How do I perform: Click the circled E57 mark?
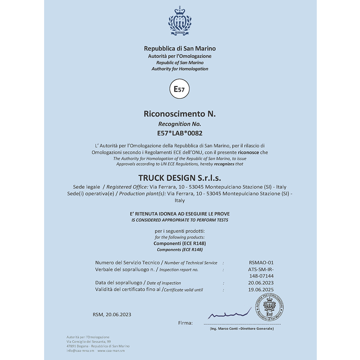click(179, 89)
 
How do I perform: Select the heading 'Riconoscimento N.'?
click(180, 114)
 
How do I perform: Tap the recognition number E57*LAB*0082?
click(180, 133)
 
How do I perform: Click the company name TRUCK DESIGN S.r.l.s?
click(180, 178)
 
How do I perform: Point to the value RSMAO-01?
click(261, 262)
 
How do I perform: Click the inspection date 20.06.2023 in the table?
click(261, 283)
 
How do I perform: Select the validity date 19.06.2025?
click(261, 289)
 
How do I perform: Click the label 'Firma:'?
click(185, 323)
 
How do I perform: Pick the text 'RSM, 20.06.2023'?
click(112, 315)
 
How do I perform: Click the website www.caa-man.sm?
click(111, 350)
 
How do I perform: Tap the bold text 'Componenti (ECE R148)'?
click(180, 243)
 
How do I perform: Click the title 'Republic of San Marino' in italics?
click(180, 63)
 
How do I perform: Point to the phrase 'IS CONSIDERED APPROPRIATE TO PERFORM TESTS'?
click(180, 220)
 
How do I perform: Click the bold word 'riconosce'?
click(248, 152)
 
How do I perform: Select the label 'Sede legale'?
click(86, 187)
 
